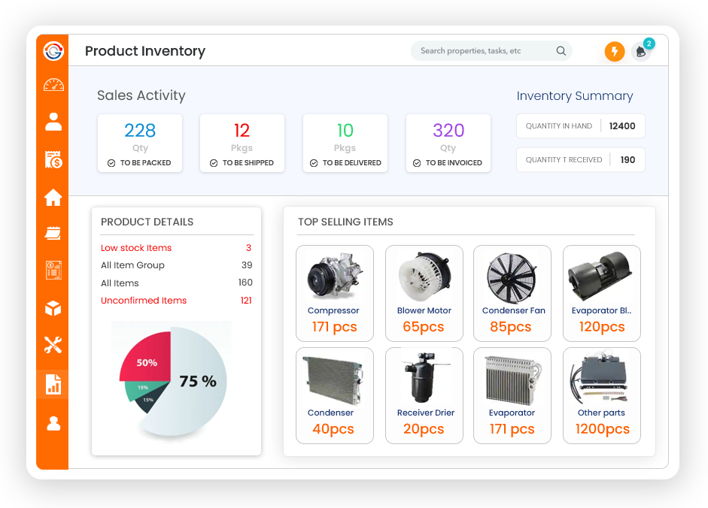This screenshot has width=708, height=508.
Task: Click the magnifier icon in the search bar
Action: click(x=561, y=51)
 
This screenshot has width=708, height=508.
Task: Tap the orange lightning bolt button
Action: click(x=615, y=52)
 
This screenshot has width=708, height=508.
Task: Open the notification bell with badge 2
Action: click(x=641, y=51)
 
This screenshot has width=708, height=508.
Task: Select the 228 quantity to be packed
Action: click(x=140, y=131)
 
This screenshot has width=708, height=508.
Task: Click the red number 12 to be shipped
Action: click(x=242, y=131)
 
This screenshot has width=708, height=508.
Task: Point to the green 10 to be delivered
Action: click(x=345, y=131)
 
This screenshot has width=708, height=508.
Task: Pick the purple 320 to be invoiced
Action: click(x=448, y=131)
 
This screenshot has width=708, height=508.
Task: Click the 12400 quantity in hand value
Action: click(x=622, y=126)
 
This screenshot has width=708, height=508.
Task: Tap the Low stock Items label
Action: click(x=136, y=248)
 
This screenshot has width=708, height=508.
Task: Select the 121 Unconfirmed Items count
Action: click(x=246, y=301)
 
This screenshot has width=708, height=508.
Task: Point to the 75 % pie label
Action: click(x=198, y=382)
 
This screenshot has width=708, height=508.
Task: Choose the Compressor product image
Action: click(x=333, y=277)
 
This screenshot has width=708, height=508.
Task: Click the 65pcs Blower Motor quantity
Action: click(x=423, y=327)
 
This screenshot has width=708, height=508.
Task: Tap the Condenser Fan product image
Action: click(x=512, y=276)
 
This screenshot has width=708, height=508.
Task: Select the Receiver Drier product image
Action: click(x=424, y=378)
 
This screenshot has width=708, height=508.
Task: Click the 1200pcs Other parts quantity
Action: click(x=602, y=429)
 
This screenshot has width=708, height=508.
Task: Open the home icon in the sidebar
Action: click(x=53, y=198)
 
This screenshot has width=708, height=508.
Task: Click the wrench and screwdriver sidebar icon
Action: click(x=53, y=345)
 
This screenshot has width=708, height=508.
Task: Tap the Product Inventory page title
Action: click(x=145, y=51)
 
